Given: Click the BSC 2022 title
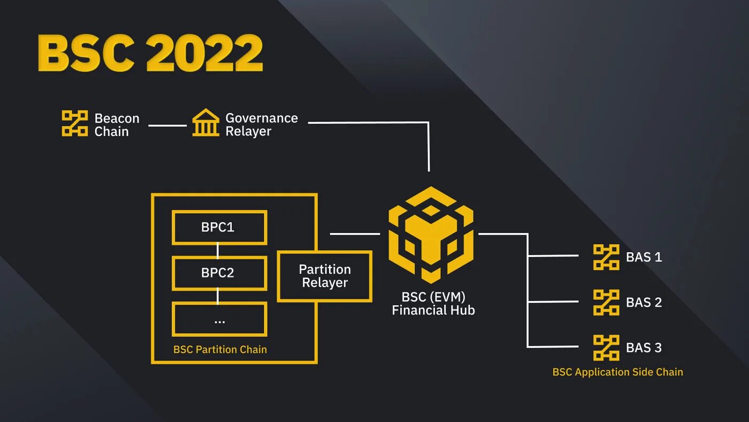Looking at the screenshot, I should click(150, 53).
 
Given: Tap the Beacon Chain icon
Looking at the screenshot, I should click(75, 124).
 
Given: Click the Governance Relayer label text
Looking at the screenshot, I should click(261, 125).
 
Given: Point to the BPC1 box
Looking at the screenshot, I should click(219, 228).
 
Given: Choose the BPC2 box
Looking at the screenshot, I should click(219, 273).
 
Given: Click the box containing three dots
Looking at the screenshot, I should click(219, 319).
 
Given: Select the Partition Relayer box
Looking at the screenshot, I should click(325, 276).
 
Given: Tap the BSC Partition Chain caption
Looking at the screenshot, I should click(220, 350).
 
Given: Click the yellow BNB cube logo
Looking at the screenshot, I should click(431, 235).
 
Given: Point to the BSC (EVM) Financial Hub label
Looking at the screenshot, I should click(433, 304).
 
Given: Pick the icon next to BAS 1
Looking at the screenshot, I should click(606, 257).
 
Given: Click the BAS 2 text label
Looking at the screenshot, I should click(644, 303).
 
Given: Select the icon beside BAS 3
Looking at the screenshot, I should click(606, 348).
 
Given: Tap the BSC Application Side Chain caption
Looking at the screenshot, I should click(617, 372).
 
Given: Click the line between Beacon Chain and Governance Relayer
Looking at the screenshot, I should click(167, 126).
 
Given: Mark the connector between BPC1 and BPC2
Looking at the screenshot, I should click(218, 250).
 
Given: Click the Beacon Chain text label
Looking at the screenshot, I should click(117, 125).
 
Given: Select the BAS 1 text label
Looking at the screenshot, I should click(644, 257).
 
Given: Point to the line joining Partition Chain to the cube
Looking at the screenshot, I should click(355, 234).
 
